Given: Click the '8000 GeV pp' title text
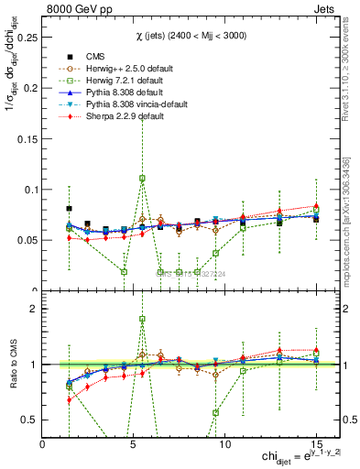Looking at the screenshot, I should click(77, 8).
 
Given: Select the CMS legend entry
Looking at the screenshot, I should click(96, 56).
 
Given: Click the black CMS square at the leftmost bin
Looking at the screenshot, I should click(70, 209).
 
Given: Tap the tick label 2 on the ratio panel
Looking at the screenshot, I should click(34, 310).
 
